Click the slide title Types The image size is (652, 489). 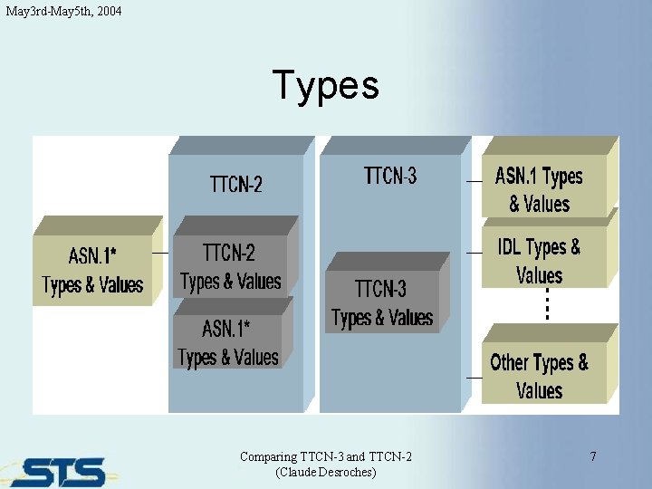pyautogui.click(x=325, y=86)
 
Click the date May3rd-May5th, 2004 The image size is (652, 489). pyautogui.click(x=62, y=11)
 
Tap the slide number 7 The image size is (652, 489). pyautogui.click(x=593, y=456)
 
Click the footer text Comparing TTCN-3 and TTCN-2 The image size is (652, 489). pyautogui.click(x=325, y=456)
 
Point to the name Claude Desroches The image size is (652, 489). pyautogui.click(x=325, y=472)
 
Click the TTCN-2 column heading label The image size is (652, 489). pyautogui.click(x=235, y=185)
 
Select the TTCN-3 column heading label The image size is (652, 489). pyautogui.click(x=390, y=176)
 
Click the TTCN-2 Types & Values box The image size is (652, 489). pyautogui.click(x=231, y=266)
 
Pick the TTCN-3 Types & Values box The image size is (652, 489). pyautogui.click(x=382, y=303)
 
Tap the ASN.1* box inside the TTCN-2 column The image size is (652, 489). pyautogui.click(x=228, y=342)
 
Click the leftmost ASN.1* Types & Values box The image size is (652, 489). pyautogui.click(x=92, y=271)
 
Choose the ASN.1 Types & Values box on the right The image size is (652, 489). pyautogui.click(x=539, y=189)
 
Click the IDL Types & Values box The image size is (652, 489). pyautogui.click(x=539, y=261)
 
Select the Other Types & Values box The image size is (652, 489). pyautogui.click(x=539, y=376)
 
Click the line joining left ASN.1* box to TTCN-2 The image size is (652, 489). pyautogui.click(x=160, y=253)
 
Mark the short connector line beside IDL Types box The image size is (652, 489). pyautogui.click(x=474, y=253)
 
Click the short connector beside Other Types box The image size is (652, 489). pyautogui.click(x=474, y=376)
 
